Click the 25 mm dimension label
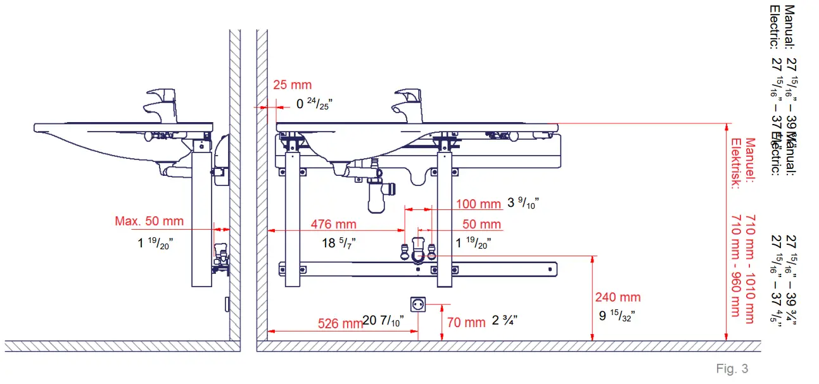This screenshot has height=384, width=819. [x=293, y=85]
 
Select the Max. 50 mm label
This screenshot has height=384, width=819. [x=149, y=221]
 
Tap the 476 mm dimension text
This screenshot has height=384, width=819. [x=333, y=225]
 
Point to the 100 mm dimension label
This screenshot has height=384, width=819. [x=478, y=204]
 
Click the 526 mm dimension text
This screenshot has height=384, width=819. [x=340, y=323]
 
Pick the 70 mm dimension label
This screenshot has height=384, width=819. [x=466, y=322]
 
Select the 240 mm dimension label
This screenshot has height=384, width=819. [x=618, y=297]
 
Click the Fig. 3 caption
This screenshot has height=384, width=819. [x=732, y=369]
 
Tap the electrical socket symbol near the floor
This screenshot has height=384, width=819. [x=418, y=305]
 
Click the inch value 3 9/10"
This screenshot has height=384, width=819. [x=523, y=203]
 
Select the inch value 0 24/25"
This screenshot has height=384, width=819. [x=314, y=104]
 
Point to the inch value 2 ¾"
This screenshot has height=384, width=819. [x=505, y=321]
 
